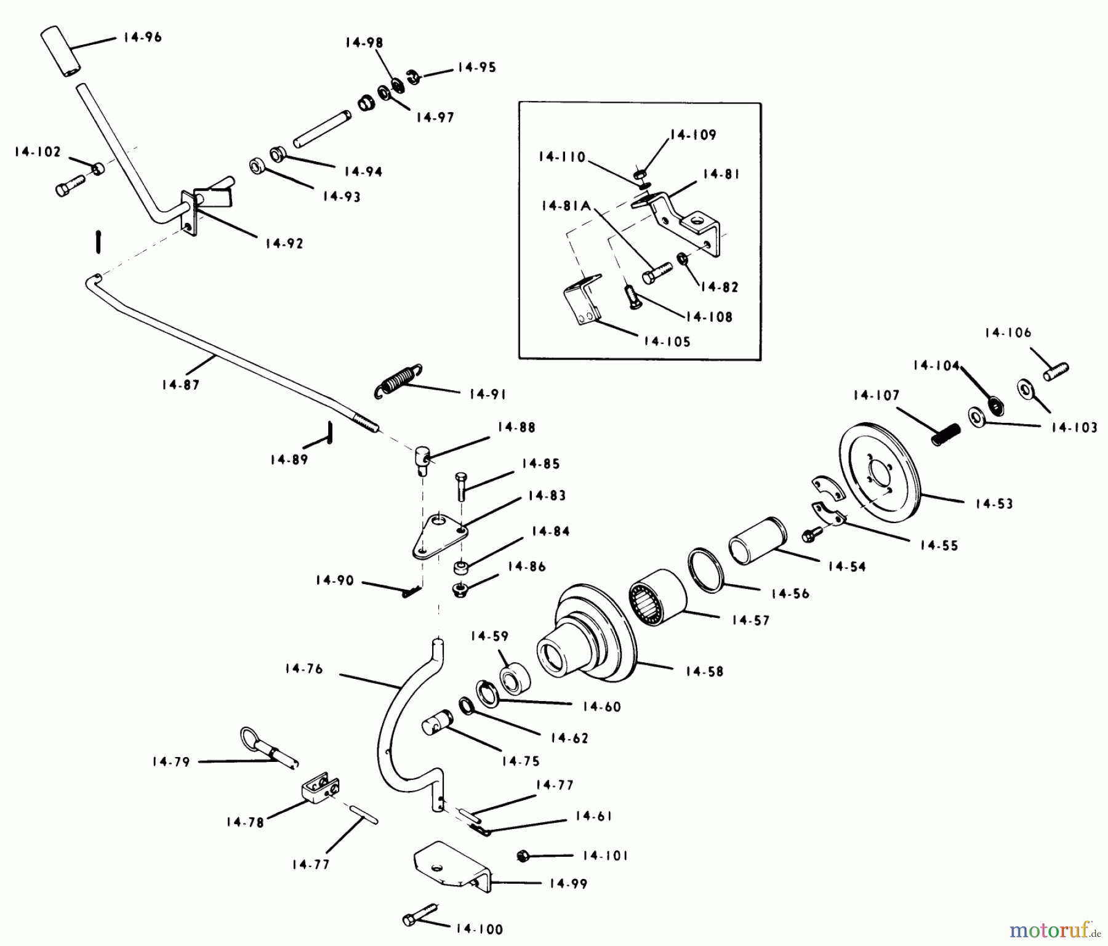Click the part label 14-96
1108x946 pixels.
(142, 38)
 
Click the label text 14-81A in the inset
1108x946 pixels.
(566, 206)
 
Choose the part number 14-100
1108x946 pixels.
(480, 929)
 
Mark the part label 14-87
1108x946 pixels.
(181, 385)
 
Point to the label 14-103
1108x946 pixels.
(1074, 427)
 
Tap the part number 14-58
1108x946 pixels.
(704, 671)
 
